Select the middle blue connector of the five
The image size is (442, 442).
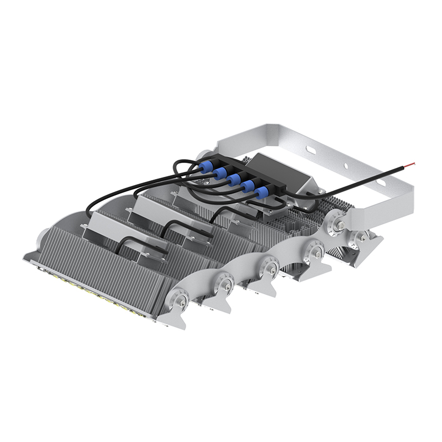[234, 180]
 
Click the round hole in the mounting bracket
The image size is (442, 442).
[345, 165]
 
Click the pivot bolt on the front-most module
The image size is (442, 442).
[181, 301]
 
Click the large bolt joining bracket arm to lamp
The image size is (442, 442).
[338, 224]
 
